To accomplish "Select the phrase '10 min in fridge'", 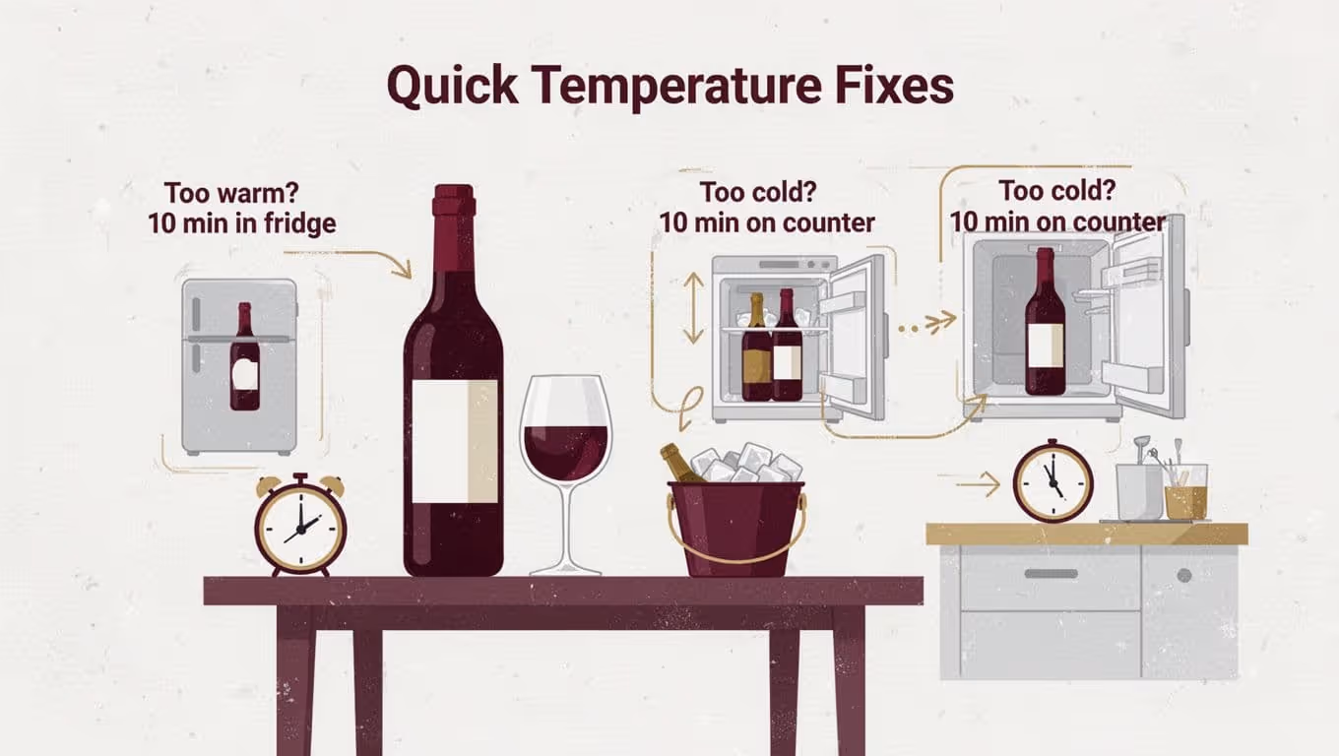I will (x=242, y=223).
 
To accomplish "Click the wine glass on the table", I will (x=565, y=463).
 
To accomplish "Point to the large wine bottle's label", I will (x=454, y=440).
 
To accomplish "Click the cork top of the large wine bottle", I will (x=454, y=201).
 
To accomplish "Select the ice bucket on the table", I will (x=735, y=524).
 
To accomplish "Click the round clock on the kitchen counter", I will (x=1052, y=481).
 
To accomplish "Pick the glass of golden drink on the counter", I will (x=1185, y=492).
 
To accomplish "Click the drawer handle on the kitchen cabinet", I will (x=1050, y=574).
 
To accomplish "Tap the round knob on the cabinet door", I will (x=1184, y=575).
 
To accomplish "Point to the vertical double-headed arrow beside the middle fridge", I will (x=693, y=307).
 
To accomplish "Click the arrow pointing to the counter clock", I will (x=978, y=483).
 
